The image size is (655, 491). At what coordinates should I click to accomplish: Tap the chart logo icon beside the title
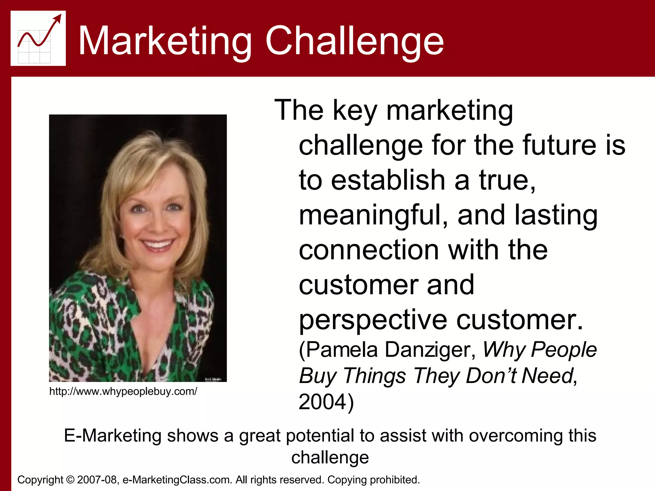point(38,38)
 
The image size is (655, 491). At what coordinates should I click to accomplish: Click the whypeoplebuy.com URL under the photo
point(123,391)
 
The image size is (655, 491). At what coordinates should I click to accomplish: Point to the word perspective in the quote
point(373,320)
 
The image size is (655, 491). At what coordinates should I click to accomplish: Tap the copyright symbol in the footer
point(70,480)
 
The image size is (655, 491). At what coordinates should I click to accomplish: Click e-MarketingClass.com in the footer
point(177,480)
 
